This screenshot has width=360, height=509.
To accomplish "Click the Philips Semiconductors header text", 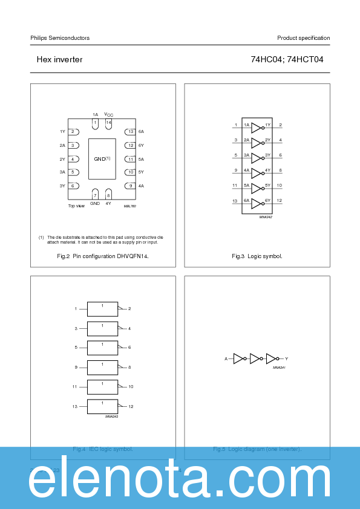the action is (60, 38).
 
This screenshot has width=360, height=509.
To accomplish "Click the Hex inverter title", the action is (59, 60).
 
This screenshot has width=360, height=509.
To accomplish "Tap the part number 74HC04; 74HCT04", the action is (287, 60).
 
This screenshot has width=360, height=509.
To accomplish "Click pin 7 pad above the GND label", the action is (95, 194).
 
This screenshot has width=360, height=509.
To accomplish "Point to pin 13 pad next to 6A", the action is (129, 132).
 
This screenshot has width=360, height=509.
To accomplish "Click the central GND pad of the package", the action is (102, 159).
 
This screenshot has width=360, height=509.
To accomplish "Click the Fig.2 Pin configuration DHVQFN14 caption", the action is (103, 256).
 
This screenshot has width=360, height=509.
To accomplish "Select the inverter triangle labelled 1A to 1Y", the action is (256, 128).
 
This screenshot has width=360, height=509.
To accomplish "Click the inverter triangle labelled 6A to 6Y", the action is (256, 203).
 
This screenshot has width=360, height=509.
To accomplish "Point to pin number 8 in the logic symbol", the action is (280, 170).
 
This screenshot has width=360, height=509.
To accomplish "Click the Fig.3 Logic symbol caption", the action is (257, 256).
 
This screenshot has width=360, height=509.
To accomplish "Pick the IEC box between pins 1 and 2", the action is (102, 309).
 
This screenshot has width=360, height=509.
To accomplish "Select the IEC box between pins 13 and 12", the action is (102, 407).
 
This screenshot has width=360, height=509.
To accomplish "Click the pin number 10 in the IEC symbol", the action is (131, 386).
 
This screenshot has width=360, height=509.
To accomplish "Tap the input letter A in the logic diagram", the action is (226, 359).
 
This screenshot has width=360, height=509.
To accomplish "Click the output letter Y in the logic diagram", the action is (287, 359).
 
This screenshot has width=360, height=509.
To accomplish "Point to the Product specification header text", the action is (303, 38).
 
